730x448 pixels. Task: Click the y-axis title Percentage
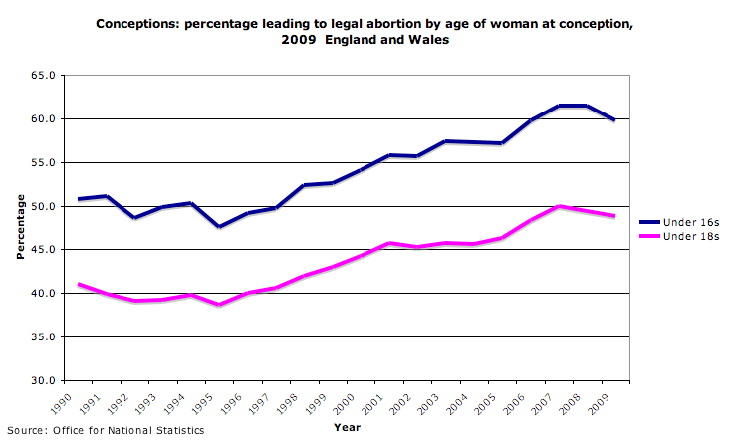(20, 228)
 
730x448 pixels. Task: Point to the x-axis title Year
(348, 427)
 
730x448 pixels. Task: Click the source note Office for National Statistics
(105, 431)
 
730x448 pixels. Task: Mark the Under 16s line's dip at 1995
(220, 227)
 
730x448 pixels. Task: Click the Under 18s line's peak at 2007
(561, 206)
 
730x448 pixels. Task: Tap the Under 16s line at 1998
(305, 185)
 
